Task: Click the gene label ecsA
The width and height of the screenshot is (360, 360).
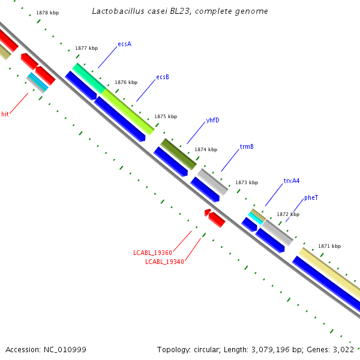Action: coord(124,44)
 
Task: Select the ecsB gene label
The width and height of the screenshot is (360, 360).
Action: coord(163,77)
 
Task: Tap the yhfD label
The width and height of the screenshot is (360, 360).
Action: coord(212,120)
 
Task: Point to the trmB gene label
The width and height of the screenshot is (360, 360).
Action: coord(247,146)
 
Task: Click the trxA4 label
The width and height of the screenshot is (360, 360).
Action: coord(292,181)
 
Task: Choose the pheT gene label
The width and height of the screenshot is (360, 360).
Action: coord(311,197)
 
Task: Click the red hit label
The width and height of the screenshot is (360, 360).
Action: coord(5,113)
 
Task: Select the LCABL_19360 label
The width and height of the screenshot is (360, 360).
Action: coord(153,253)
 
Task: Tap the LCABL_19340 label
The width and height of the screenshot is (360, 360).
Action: coord(164,261)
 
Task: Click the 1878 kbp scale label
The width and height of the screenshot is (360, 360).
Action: coord(47,13)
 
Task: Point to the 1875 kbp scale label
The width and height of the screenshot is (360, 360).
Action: coord(166,116)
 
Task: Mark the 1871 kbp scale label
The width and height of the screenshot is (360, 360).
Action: coord(329,246)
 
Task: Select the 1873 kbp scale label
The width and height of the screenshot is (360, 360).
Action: coord(246,182)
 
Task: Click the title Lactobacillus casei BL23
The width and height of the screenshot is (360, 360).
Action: coord(180,11)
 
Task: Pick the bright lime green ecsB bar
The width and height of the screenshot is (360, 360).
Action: coord(128,112)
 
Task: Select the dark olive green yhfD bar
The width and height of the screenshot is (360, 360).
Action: coord(178,154)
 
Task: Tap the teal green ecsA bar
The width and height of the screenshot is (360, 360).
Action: coord(88,77)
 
